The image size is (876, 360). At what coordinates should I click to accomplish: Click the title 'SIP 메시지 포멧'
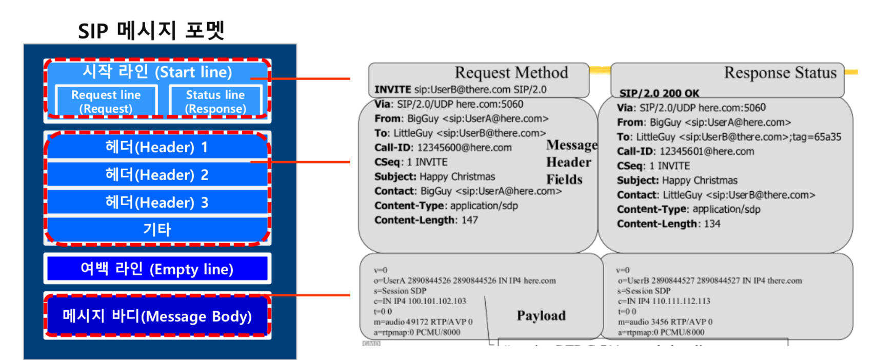tap(151, 30)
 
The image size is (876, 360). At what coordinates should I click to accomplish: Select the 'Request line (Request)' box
tap(106, 102)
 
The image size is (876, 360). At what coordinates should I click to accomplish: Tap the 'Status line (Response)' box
tap(215, 102)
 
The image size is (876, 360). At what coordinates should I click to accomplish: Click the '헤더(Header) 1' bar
tap(157, 147)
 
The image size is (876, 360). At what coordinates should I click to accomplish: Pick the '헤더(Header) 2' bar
tap(157, 175)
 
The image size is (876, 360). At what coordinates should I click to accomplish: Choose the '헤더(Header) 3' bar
tap(157, 203)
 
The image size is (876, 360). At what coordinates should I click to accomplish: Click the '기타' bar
tap(157, 229)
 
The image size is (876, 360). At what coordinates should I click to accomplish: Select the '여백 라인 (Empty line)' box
tap(157, 269)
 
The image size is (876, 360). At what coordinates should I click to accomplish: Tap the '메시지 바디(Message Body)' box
tap(157, 316)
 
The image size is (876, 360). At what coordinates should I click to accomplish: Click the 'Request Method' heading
tap(511, 73)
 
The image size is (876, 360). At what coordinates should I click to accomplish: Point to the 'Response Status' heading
tap(780, 73)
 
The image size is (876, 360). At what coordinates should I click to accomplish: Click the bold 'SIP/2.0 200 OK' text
tap(659, 93)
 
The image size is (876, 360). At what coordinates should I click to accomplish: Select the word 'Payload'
tap(541, 315)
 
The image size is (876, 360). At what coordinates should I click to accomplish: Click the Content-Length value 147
tap(469, 220)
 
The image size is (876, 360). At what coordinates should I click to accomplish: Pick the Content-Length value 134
tap(712, 224)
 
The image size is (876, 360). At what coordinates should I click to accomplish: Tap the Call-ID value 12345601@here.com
tap(706, 151)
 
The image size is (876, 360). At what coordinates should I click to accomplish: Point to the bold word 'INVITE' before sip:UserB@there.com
tap(392, 90)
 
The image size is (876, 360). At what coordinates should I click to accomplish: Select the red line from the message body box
tap(310, 295)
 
